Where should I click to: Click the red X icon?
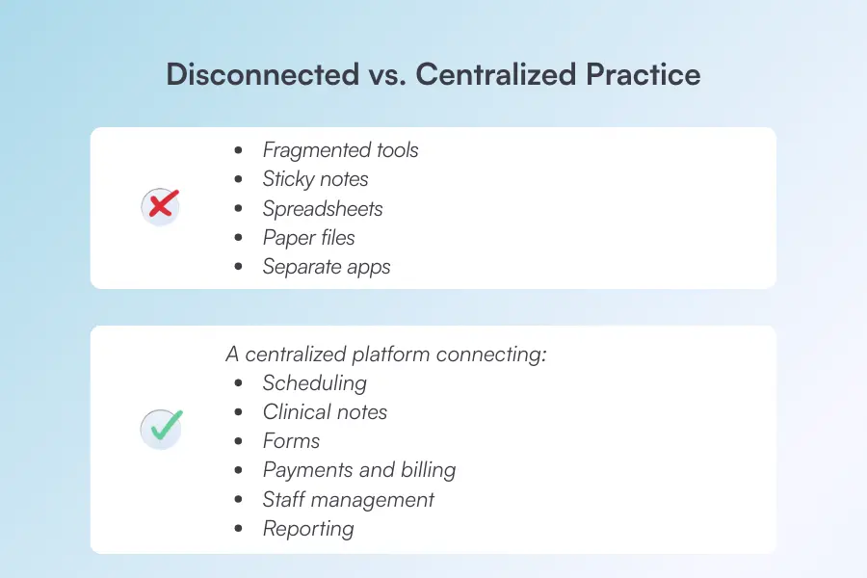coord(161,206)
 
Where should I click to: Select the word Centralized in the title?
coord(501,75)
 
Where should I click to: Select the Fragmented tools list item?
coord(340,150)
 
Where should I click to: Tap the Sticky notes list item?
coord(315,179)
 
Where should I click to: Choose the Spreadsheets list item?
coord(322,209)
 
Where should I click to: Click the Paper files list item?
coord(308,238)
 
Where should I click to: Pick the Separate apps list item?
coord(327,267)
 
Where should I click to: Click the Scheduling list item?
coord(314,383)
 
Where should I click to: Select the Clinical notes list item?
coord(325,412)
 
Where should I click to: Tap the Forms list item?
coord(291,441)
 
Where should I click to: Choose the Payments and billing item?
coord(358,470)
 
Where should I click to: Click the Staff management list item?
coord(348,500)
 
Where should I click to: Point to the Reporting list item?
coord(308,529)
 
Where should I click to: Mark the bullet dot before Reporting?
coord(238,530)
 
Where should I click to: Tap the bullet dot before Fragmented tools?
coord(238,151)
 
